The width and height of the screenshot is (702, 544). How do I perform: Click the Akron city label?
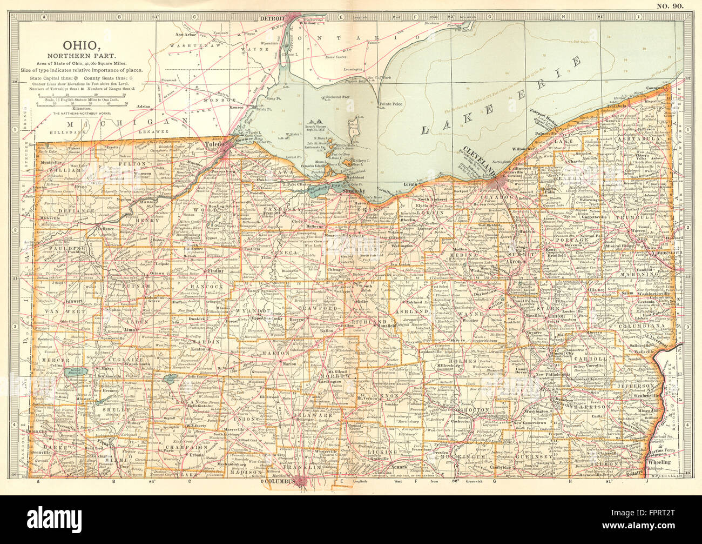click(x=512, y=261)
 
